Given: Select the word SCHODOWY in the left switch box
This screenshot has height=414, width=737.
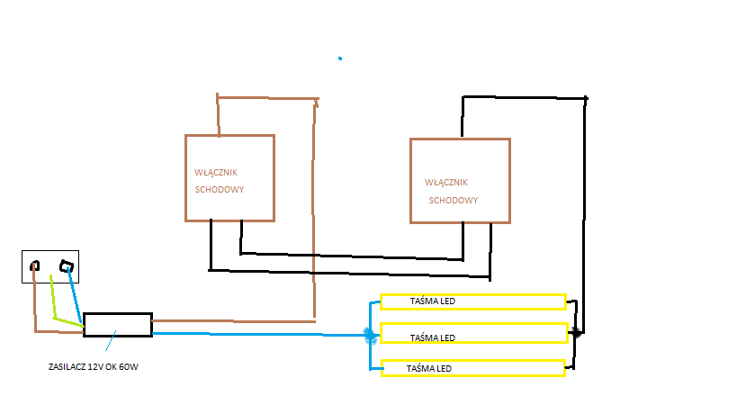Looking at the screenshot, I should click(220, 190).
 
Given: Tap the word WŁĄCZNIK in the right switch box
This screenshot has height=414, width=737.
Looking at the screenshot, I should click(446, 182).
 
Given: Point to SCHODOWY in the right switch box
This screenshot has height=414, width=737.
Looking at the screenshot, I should click(453, 200).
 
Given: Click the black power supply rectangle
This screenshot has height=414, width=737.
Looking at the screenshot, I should click(118, 325).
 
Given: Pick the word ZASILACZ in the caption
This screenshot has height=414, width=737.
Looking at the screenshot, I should click(66, 367).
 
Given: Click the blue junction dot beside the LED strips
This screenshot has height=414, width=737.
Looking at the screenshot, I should click(370, 335).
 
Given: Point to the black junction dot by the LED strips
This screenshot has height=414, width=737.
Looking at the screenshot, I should click(576, 332).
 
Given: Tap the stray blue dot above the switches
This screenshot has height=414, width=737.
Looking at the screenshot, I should click(340, 58).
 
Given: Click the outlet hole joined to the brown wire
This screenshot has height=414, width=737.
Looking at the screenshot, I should click(36, 265).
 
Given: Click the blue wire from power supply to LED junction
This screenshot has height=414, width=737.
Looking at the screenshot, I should click(261, 335).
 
